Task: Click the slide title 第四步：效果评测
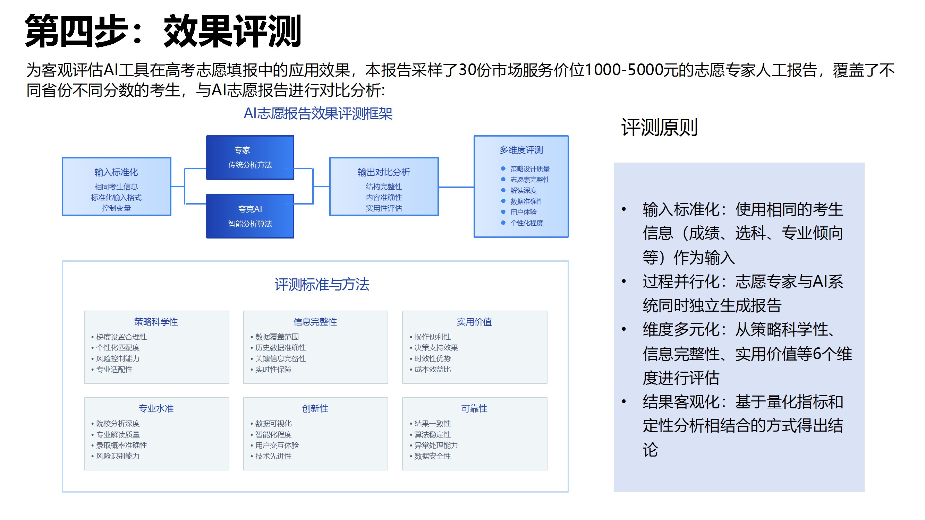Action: [x=163, y=31]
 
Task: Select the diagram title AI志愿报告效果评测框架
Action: [x=318, y=114]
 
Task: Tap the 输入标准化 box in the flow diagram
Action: [x=116, y=186]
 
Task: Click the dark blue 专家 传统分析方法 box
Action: [x=250, y=157]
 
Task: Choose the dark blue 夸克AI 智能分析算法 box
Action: [x=250, y=216]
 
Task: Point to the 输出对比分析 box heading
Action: [x=383, y=172]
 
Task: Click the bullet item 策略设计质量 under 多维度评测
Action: [x=530, y=169]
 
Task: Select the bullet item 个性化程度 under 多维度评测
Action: [x=526, y=223]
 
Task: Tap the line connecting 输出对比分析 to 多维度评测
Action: [x=456, y=187]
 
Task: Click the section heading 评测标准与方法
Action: [x=322, y=285]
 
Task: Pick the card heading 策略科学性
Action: [x=156, y=322]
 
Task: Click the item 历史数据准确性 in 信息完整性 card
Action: [x=280, y=348]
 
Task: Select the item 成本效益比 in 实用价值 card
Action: [x=432, y=369]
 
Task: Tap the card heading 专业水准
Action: [x=156, y=408]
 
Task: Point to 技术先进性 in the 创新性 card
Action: [x=273, y=456]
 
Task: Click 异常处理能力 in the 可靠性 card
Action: [x=436, y=445]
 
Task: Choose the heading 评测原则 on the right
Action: [x=659, y=127]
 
